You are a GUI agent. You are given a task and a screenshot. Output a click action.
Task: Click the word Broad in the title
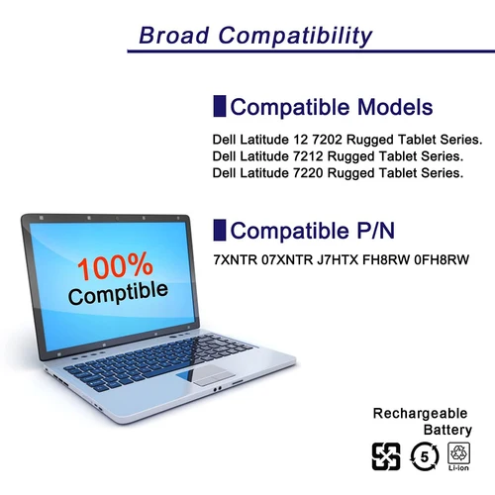[x=175, y=37]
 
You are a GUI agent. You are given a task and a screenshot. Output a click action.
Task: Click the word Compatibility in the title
[x=296, y=37]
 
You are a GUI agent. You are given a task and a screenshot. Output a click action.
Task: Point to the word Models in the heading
[x=386, y=107]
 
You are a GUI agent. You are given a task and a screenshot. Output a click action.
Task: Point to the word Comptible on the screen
[x=118, y=292]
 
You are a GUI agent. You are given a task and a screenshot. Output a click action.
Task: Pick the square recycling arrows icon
[x=384, y=458]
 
